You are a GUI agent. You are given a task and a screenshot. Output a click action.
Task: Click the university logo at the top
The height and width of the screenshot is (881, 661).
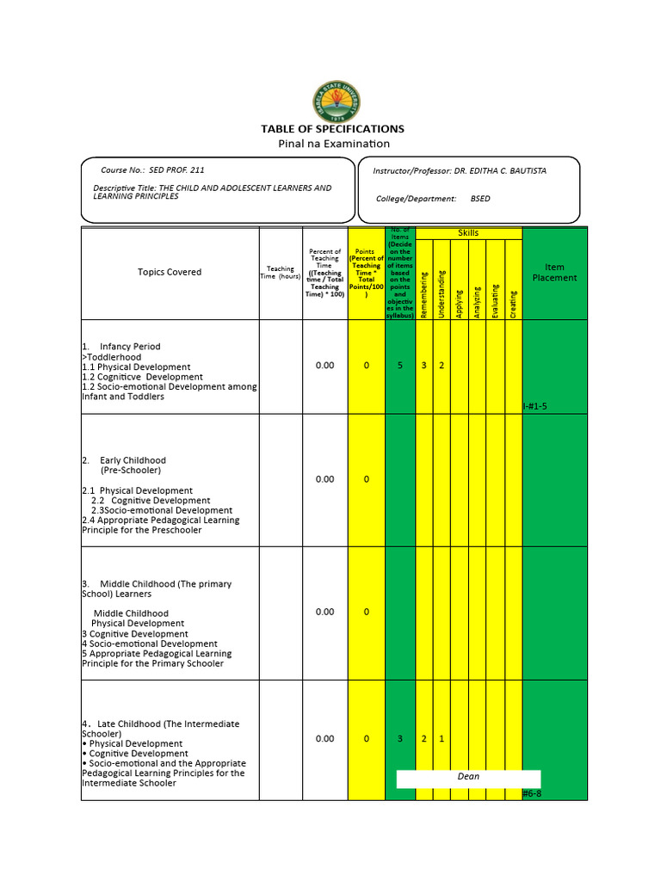click(337, 101)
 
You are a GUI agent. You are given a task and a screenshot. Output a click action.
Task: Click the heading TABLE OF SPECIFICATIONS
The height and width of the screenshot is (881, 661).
click(332, 129)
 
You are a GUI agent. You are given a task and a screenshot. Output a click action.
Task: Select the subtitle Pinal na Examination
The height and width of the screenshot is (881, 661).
click(333, 144)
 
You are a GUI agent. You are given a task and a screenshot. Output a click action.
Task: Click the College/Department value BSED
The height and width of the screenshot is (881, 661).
click(480, 199)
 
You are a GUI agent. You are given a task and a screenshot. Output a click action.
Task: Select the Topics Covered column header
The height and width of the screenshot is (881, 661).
click(170, 272)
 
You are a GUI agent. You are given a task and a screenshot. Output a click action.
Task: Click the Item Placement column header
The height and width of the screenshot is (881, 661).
click(554, 273)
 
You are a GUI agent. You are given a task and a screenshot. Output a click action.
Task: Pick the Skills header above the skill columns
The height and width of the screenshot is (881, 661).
click(468, 233)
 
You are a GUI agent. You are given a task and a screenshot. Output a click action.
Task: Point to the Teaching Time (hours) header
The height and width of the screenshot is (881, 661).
click(281, 273)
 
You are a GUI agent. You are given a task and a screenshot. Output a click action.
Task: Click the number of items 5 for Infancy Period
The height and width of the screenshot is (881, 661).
click(399, 366)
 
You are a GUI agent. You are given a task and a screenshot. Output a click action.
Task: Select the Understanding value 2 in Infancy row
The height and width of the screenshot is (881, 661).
click(442, 366)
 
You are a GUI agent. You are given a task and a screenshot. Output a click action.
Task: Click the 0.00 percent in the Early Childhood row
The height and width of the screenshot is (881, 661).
click(324, 479)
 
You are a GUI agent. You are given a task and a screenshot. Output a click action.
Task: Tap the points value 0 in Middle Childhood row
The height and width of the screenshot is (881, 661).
click(366, 612)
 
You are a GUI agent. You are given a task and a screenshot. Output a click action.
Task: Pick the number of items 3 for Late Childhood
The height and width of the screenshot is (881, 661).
click(399, 739)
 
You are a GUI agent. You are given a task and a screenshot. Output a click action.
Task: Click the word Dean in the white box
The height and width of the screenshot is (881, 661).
click(468, 777)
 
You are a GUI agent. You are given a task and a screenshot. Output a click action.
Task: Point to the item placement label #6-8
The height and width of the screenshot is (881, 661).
click(534, 794)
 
